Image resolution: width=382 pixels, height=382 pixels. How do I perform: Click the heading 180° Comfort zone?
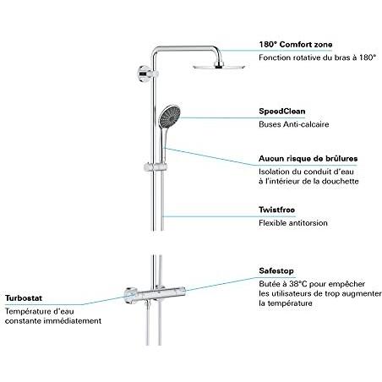(296, 45)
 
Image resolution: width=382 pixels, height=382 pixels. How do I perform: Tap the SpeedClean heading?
(282, 112)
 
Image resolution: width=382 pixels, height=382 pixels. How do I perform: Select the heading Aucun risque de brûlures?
(308, 159)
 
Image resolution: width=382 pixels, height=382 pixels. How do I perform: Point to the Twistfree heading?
(277, 210)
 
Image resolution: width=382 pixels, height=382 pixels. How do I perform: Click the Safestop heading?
(277, 271)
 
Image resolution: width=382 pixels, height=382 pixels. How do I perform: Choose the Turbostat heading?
(24, 298)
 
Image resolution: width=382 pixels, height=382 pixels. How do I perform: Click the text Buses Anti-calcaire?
(294, 124)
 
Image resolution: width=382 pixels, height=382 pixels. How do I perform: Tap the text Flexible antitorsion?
(293, 223)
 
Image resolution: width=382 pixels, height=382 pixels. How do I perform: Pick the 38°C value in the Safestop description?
(298, 284)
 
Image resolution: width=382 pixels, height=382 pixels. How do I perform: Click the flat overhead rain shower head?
(219, 67)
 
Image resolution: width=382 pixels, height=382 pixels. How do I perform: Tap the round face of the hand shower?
(170, 116)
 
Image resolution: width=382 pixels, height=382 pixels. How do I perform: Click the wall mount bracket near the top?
(145, 74)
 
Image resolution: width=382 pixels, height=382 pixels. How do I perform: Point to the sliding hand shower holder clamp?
(156, 167)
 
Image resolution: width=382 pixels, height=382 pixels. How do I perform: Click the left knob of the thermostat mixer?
(130, 295)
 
